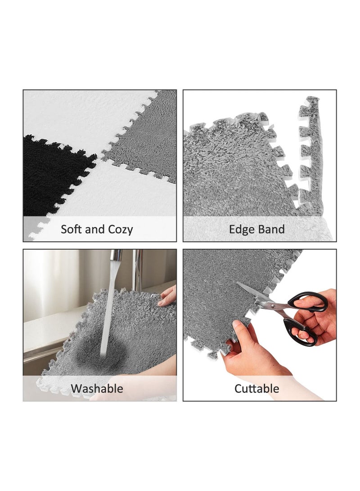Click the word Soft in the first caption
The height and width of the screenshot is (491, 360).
[72, 229]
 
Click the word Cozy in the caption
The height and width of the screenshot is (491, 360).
[121, 229]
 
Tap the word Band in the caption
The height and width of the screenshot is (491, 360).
[271, 229]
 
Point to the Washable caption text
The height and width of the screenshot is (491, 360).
[97, 388]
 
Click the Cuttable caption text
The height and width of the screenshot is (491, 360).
[256, 388]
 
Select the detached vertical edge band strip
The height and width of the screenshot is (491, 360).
[310, 153]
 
